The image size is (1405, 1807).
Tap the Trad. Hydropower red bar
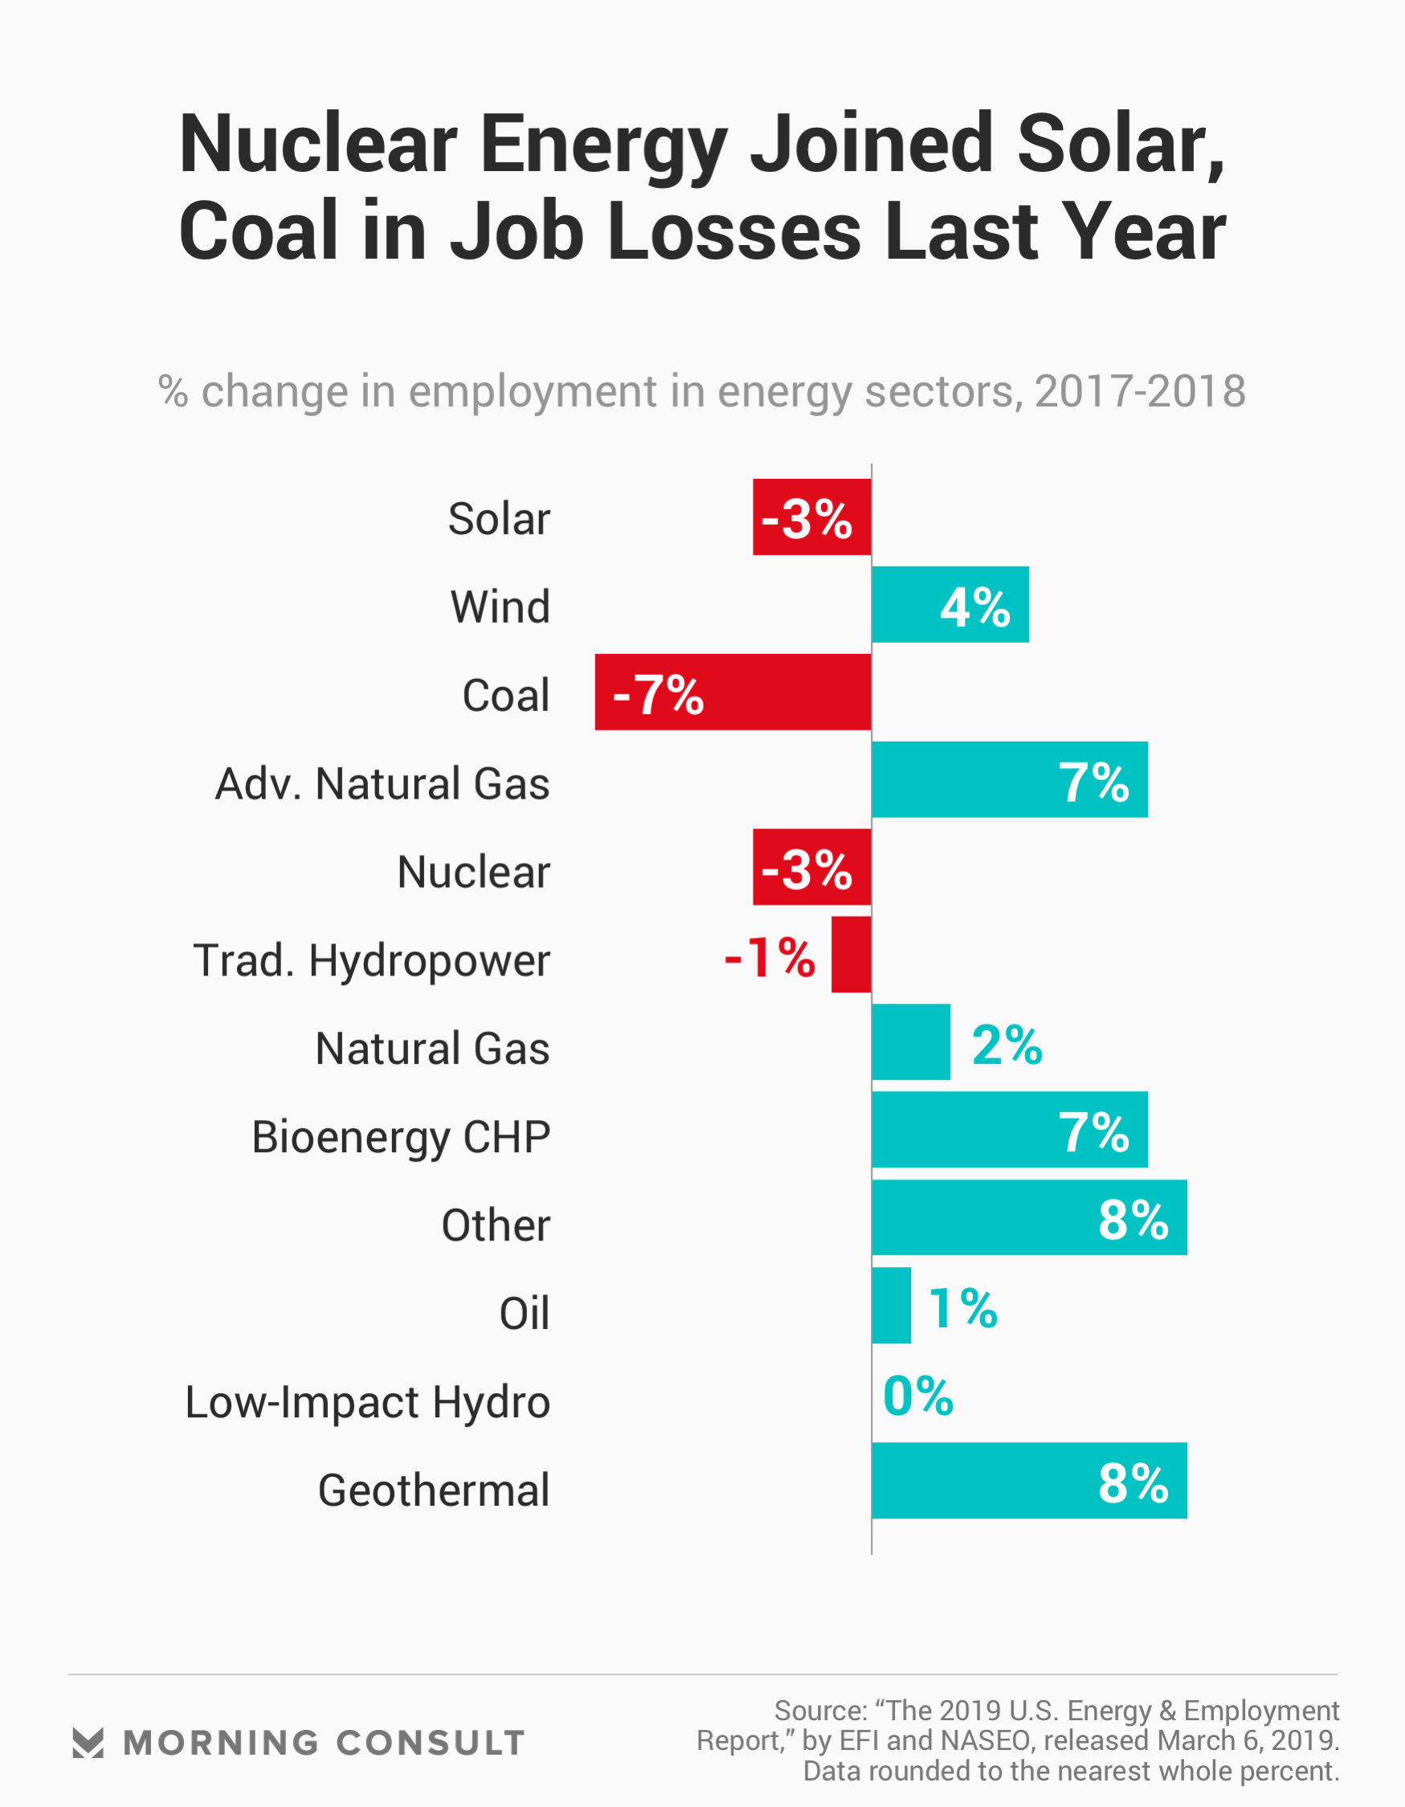pos(852,954)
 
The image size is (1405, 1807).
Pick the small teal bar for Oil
pos(891,1306)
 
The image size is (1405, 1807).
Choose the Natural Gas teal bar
pos(911,1041)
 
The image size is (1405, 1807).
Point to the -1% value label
pos(770,957)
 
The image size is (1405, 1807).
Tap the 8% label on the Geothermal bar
pos(1133,1482)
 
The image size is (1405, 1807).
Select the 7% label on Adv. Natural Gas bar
pos(1093,782)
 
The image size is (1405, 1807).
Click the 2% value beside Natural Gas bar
pos(1007,1045)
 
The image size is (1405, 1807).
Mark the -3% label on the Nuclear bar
pos(807,869)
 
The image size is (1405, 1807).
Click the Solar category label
pos(499,519)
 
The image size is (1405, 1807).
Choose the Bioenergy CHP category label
pos(401,1137)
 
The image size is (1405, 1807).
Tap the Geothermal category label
pos(434,1490)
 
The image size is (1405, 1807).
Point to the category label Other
pos(495,1224)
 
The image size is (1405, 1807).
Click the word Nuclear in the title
pos(318,144)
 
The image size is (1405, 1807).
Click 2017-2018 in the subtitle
pos(1139,390)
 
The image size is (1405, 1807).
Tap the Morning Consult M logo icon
pos(88,1743)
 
